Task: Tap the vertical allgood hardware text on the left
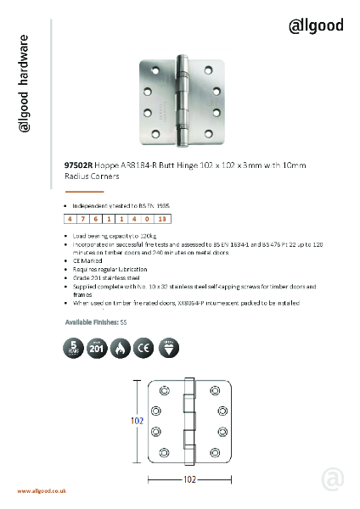26,85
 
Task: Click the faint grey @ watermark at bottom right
333,479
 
